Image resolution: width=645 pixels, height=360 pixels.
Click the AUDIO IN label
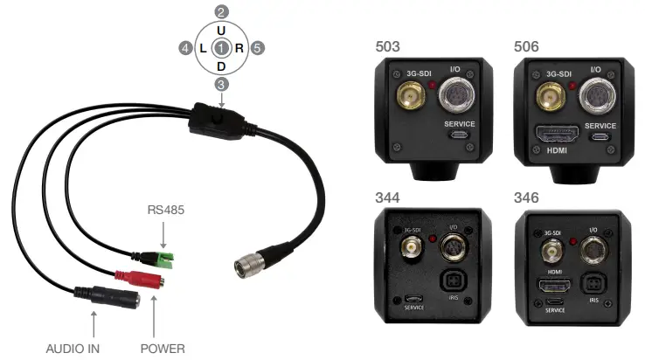[x=73, y=348]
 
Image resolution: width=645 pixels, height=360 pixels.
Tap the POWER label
[x=163, y=348]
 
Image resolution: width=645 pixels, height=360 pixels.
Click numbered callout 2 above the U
[x=222, y=12]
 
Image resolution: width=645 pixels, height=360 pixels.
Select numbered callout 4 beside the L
[x=185, y=48]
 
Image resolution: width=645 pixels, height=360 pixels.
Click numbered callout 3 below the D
[x=222, y=84]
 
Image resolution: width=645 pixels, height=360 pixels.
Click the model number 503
[x=388, y=45]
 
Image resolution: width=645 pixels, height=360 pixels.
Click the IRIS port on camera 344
[x=454, y=282]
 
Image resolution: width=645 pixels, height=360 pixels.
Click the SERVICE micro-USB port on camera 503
[x=460, y=136]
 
